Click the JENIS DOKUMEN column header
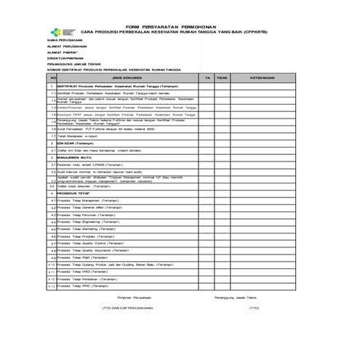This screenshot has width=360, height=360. pos(127,76)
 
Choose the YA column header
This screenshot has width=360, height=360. pos(207,76)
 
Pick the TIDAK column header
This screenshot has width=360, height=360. pos(223,76)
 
